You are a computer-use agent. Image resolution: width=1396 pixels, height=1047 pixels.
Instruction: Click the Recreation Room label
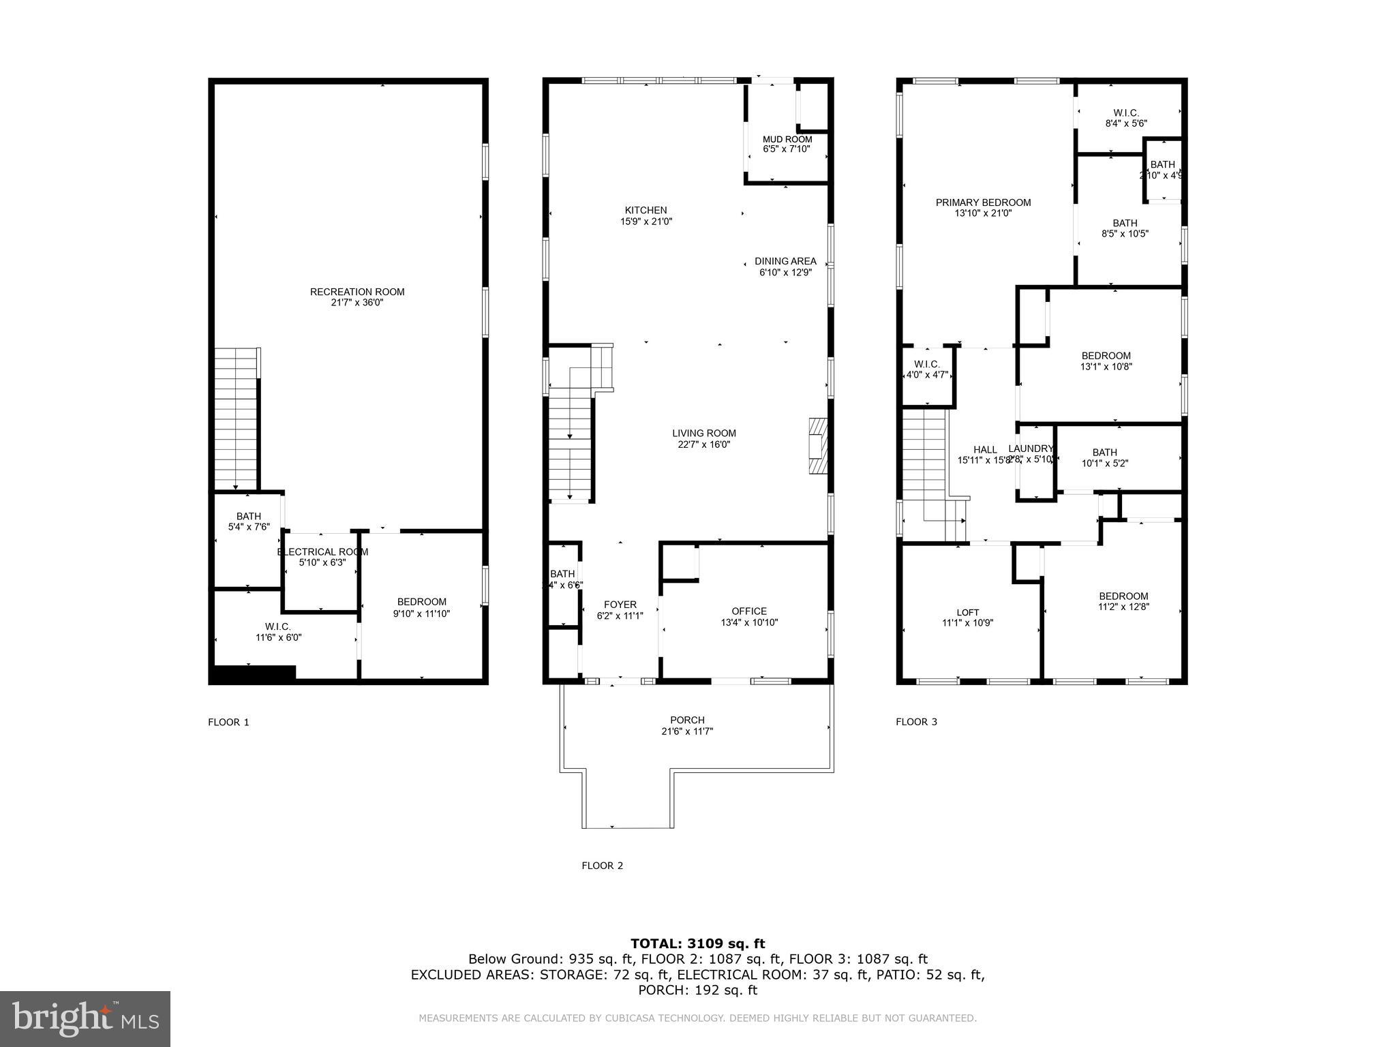click(x=357, y=292)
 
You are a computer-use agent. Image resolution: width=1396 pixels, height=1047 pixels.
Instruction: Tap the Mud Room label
click(x=787, y=140)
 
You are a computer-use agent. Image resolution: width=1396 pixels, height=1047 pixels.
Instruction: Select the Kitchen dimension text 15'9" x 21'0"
click(x=646, y=222)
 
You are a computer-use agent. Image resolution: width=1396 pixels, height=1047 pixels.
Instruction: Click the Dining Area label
click(x=785, y=261)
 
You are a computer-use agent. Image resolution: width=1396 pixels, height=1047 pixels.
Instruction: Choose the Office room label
click(x=749, y=611)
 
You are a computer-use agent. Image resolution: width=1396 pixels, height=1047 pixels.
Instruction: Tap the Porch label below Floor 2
click(x=687, y=720)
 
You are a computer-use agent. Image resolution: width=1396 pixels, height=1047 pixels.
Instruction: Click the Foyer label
click(x=620, y=605)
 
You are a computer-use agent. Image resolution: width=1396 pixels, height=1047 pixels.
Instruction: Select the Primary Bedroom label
click(x=983, y=202)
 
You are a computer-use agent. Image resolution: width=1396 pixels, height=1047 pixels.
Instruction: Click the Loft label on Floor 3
click(x=967, y=612)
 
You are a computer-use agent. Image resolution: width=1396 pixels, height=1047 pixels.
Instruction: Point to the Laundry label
click(x=1031, y=449)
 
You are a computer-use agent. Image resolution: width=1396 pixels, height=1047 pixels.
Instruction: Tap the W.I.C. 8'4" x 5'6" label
click(x=1126, y=113)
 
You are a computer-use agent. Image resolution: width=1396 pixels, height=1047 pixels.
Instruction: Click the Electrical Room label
click(x=322, y=552)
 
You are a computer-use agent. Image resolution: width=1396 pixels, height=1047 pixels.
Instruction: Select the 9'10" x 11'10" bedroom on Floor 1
click(x=421, y=607)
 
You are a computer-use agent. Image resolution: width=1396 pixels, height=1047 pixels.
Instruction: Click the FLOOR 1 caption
click(x=228, y=722)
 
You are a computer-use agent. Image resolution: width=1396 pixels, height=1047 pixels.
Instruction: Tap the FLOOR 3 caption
click(x=916, y=722)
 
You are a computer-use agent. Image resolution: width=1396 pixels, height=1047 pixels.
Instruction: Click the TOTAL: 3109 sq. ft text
click(x=697, y=943)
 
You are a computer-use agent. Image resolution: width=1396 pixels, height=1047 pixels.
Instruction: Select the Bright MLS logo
click(x=85, y=1018)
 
